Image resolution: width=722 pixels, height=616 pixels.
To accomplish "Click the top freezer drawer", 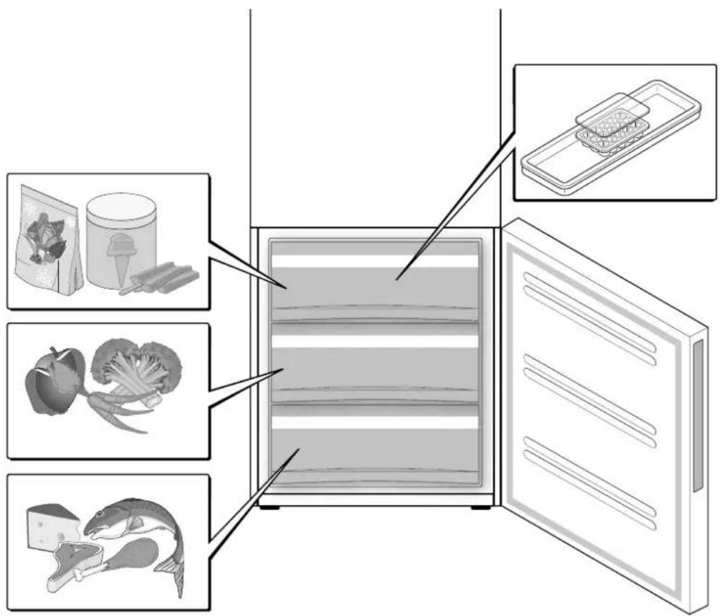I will click(x=374, y=282).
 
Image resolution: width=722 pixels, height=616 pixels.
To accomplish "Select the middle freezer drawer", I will click(x=374, y=363).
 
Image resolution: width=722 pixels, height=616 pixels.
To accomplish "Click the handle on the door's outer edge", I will click(x=697, y=416).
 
